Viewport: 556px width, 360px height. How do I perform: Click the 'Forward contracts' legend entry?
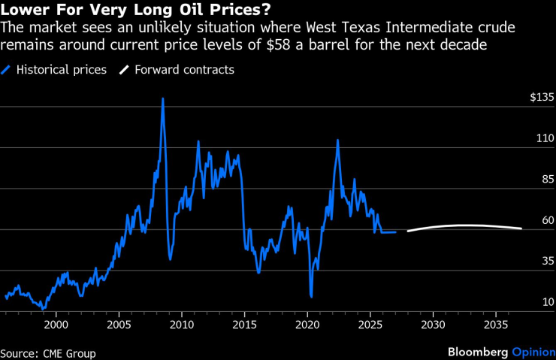184,70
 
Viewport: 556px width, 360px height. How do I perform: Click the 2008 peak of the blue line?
162,98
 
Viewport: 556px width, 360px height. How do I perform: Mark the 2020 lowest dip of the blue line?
311,297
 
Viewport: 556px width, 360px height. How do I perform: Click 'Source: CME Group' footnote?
48,352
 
